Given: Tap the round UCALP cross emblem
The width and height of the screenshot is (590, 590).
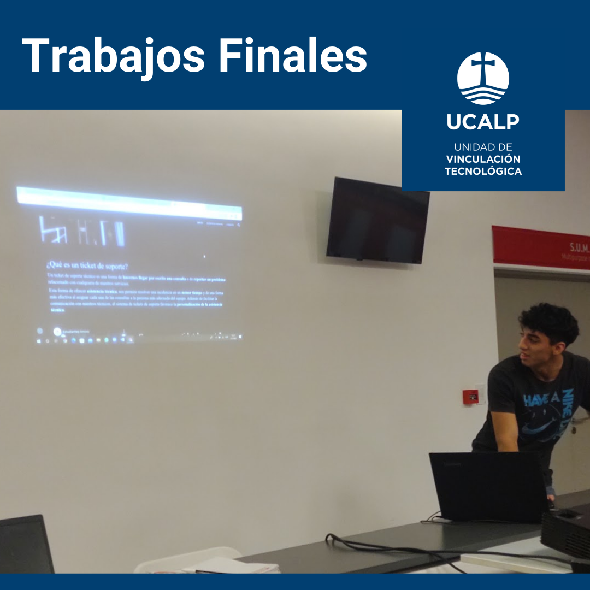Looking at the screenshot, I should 483,79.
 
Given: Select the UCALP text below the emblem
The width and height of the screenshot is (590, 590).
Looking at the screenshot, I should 483,122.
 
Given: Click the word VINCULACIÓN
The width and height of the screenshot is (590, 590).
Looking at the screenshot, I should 483,160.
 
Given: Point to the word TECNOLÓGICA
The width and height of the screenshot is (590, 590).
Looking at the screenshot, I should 483,172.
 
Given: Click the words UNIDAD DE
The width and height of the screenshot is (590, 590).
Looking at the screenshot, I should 483,147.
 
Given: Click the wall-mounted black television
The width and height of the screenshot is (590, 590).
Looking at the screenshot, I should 377,220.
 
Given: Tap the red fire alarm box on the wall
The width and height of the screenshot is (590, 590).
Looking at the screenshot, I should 470,396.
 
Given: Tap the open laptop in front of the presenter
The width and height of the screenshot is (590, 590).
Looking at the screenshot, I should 488,486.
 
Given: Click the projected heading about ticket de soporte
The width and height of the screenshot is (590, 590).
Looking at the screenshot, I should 87,266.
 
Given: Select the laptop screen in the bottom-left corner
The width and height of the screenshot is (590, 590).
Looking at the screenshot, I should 25,546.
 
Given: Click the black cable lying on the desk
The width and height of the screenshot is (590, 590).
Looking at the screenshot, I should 393,549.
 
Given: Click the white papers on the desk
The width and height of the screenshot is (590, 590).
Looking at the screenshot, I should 229,566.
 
